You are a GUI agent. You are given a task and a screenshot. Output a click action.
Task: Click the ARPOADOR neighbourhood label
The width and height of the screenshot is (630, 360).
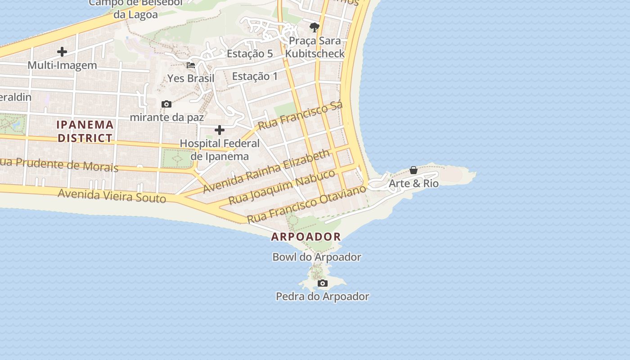coord(306,237)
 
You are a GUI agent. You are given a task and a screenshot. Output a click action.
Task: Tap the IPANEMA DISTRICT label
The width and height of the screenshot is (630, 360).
coord(85,131)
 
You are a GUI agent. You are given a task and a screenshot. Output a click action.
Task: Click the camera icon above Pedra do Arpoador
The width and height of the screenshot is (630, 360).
coord(322,283)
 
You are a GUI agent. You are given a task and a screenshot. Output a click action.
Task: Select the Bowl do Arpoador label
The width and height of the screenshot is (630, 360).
coord(317,257)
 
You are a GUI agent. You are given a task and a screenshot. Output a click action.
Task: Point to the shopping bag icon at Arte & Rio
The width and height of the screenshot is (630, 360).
coord(413,170)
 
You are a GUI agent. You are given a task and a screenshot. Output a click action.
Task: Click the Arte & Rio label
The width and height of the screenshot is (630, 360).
coord(413,184)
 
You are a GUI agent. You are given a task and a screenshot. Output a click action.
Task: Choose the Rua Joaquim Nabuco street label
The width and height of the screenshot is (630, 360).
coord(282,187)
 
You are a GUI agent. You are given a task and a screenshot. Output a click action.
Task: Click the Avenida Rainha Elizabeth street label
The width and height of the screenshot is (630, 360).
coord(266,171)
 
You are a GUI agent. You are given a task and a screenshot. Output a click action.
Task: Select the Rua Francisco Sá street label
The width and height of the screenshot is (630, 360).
coord(301,115)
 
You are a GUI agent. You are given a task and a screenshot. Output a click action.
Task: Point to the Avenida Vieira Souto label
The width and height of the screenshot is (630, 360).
coord(112,196)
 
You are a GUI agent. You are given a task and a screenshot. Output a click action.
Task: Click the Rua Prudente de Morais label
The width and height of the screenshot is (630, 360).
coord(58,165)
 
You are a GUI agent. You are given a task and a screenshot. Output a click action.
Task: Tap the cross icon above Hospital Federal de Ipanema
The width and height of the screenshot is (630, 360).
coord(220,130)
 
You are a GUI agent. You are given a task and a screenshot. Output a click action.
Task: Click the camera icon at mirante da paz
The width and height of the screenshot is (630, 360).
coord(166,104)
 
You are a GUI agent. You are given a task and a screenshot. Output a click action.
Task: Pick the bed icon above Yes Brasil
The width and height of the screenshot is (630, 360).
coord(191,65)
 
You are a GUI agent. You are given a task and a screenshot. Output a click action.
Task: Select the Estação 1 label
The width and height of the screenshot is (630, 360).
coord(255,76)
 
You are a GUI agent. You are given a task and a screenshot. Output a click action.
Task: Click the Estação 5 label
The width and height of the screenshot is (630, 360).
coord(250,54)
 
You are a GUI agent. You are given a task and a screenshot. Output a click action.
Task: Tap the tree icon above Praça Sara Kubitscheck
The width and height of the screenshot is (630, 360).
coord(314,27)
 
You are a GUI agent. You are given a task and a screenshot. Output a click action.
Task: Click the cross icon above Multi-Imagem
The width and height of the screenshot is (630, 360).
coord(62,52)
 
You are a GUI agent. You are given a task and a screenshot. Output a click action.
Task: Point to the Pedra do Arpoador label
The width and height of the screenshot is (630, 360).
coord(322,297)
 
